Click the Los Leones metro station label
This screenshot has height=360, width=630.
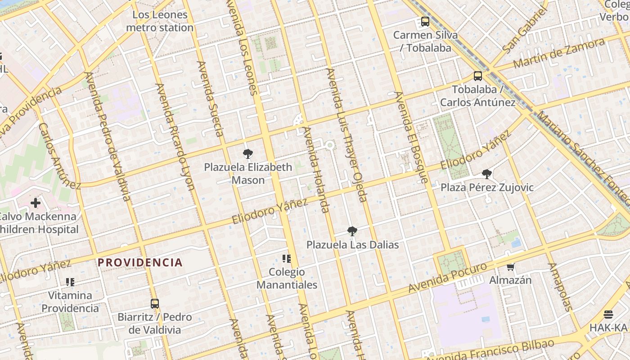point(160,21)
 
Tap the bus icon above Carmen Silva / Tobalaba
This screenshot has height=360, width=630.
point(425,21)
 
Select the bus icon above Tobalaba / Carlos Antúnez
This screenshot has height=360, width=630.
point(478,76)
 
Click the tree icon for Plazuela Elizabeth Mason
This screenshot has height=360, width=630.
point(247,154)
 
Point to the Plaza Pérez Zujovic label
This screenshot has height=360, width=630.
point(487,187)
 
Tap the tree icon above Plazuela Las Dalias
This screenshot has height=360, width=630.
point(352,231)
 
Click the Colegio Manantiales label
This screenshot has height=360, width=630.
point(287,278)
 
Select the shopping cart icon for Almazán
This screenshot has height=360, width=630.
point(510,267)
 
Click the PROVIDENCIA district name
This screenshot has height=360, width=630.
point(140,262)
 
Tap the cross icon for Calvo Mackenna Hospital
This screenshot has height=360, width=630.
point(36,203)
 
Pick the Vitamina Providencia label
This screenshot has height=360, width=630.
point(70,301)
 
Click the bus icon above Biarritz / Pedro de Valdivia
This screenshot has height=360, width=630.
point(155,303)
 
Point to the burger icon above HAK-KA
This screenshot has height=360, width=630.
point(608,314)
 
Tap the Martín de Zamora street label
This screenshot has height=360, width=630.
point(559,53)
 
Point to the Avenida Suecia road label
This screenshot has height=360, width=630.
point(210,99)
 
